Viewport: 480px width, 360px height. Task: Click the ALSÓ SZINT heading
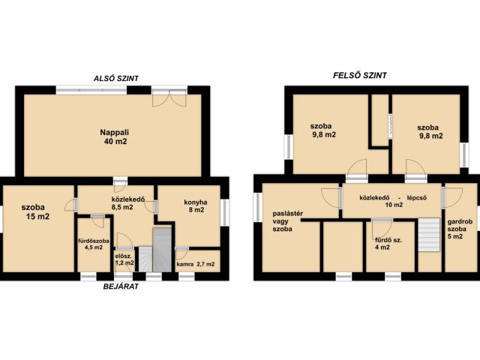116,78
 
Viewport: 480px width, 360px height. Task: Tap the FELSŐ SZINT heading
360,75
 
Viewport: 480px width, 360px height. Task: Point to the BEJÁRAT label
121,286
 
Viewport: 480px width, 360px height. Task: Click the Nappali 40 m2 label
115,136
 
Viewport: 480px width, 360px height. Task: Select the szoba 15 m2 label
35,211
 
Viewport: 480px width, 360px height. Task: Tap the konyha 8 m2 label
196,206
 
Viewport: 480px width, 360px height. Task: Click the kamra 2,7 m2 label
196,264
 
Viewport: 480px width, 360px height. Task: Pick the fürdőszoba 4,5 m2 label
94,244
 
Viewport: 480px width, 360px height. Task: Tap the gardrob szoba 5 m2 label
460,229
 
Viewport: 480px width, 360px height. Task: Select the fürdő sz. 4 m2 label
388,244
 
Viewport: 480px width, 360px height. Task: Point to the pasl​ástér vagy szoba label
288,221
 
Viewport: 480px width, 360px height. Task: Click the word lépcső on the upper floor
421,197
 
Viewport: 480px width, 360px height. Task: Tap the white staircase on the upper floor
429,235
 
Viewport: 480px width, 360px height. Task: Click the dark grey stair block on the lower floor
162,250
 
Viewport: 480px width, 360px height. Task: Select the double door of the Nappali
169,98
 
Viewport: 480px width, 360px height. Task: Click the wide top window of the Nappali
91,90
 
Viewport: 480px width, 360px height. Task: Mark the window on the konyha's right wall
226,213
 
